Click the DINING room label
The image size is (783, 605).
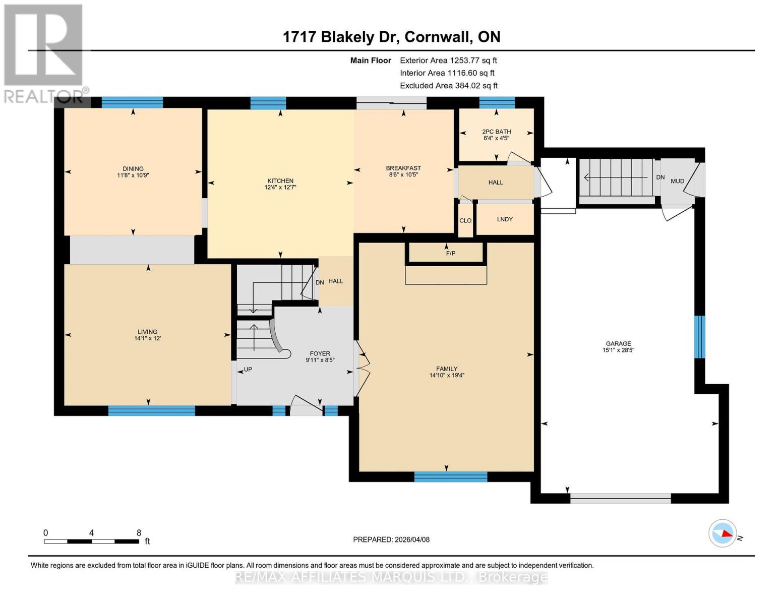133,169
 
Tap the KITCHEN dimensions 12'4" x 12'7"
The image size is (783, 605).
280,188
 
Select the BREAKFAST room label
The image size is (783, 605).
403,168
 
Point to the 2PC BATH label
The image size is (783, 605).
497,132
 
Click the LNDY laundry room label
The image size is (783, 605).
505,219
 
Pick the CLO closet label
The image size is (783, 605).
465,221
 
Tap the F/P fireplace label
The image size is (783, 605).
450,254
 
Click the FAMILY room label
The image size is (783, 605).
447,369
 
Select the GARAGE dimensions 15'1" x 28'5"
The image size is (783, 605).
618,350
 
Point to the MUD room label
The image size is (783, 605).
677,181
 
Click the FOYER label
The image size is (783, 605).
320,354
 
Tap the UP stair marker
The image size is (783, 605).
248,370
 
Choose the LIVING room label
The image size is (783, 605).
148,332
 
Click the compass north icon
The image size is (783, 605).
723,533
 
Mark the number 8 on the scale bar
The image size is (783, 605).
139,533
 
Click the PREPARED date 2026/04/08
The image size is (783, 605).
391,539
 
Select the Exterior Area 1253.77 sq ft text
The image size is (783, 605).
448,60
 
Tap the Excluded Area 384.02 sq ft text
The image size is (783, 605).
449,86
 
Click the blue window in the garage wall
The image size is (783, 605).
699,337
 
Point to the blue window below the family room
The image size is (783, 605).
451,477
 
